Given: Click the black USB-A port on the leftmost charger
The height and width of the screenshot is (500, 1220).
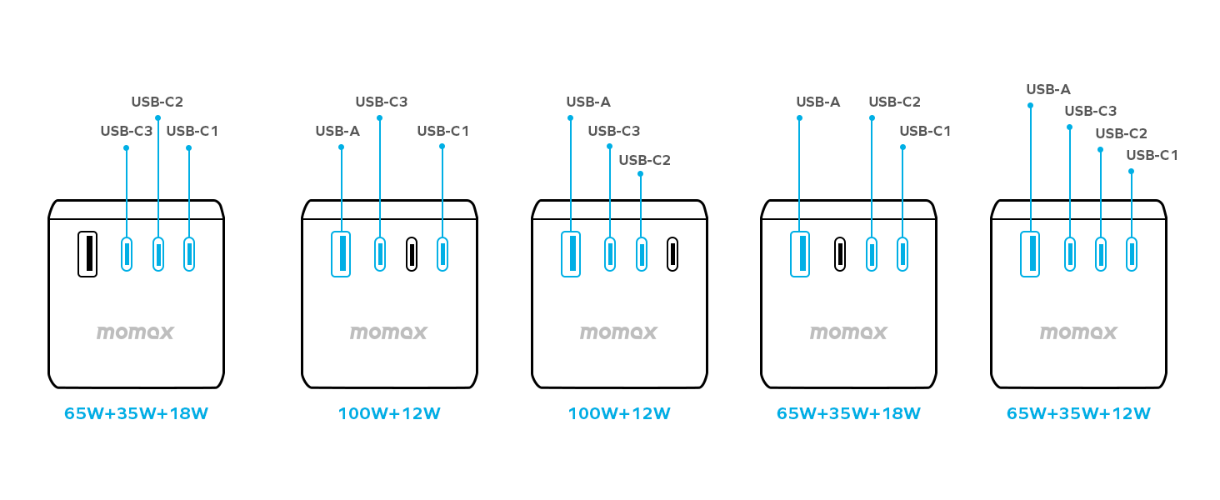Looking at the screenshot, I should [x=87, y=253].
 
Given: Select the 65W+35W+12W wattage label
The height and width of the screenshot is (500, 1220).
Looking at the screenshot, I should [x=1078, y=413].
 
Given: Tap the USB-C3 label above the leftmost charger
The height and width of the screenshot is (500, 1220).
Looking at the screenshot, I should [x=126, y=131].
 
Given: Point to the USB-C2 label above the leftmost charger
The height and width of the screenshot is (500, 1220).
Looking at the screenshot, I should [x=157, y=102].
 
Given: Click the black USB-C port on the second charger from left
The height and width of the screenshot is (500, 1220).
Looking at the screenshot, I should [x=412, y=253].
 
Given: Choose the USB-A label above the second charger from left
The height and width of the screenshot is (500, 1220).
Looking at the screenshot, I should [x=337, y=131].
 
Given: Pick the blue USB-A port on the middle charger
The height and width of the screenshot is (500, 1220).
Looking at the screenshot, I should [x=571, y=253].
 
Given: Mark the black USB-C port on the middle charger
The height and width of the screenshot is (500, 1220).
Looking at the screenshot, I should [x=672, y=253].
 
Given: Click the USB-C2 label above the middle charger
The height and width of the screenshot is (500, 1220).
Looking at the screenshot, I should [x=644, y=160].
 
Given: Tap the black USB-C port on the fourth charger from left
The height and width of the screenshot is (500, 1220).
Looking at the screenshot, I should [x=840, y=253].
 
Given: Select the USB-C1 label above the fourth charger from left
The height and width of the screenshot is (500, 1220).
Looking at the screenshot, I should [x=925, y=131].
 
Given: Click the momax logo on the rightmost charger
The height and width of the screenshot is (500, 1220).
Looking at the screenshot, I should [x=1078, y=332].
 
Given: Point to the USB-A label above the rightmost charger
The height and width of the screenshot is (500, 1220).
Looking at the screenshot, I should [x=1048, y=89].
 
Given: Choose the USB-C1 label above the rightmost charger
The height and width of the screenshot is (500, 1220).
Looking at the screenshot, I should [x=1152, y=155].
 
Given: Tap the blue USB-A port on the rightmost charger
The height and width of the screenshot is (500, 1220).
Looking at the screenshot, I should [x=1030, y=253].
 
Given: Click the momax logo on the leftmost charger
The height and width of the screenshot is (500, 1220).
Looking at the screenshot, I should [x=135, y=332].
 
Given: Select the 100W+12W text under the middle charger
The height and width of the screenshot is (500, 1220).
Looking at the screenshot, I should [x=619, y=413].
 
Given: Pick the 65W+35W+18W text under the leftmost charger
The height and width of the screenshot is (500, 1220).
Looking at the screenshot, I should [x=136, y=413].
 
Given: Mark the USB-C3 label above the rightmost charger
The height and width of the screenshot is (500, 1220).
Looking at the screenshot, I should [x=1090, y=111].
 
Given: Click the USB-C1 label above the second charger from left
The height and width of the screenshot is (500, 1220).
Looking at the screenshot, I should [x=443, y=131].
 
